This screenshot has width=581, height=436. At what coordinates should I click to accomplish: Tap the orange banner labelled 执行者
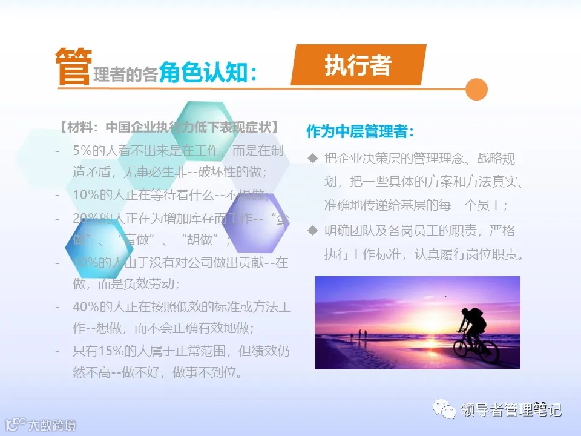[358, 65]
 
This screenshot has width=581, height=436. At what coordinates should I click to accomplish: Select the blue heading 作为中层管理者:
[360, 131]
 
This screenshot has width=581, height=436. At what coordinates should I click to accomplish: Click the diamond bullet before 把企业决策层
[313, 159]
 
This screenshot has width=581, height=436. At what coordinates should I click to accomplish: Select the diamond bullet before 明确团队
[313, 231]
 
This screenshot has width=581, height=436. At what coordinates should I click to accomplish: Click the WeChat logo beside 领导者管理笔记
[448, 410]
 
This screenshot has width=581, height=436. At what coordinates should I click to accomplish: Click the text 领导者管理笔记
[511, 410]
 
